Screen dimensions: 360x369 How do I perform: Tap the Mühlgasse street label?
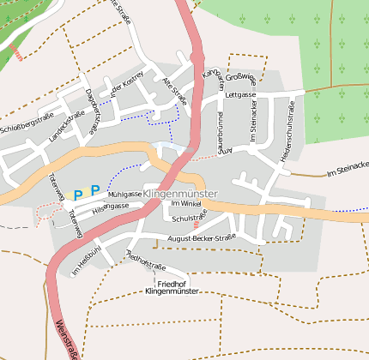tap(124, 195)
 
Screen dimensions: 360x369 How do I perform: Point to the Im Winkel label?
tap(185, 204)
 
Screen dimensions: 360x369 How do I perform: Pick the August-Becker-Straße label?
tap(202, 237)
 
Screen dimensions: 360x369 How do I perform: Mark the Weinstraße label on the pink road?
tap(65, 339)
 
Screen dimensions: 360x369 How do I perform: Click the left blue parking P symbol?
tap(78, 195)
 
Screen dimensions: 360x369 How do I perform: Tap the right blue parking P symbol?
tap(95, 190)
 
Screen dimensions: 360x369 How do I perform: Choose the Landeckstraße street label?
tap(65, 125)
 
